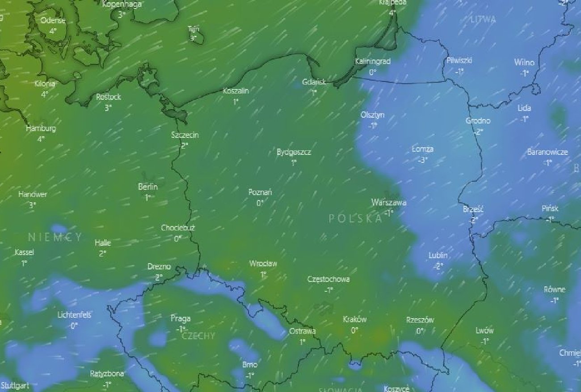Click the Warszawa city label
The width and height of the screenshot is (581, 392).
[x=388, y=203]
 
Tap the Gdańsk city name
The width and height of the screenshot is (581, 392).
[x=313, y=82]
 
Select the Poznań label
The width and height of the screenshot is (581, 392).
[x=260, y=193]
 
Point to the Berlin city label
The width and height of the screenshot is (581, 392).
[x=148, y=187]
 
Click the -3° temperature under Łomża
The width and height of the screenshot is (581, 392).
[x=423, y=160]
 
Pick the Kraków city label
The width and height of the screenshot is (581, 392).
[x=355, y=320]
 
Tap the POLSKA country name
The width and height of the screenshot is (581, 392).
[x=356, y=219]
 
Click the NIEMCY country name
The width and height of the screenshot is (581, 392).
[x=55, y=237]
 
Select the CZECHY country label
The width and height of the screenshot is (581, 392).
[x=198, y=336]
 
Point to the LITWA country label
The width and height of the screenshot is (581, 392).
[x=483, y=20]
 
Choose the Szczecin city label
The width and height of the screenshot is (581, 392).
[x=185, y=135]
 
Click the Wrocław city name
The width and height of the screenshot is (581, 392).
[x=263, y=264]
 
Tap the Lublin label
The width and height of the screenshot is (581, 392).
[x=438, y=256]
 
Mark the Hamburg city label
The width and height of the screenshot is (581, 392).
[x=41, y=128]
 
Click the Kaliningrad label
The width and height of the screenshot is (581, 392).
[x=373, y=61]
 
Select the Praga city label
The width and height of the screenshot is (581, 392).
[x=181, y=319]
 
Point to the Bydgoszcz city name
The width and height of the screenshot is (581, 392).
[x=294, y=152]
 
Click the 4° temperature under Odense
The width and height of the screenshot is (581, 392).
[x=53, y=31]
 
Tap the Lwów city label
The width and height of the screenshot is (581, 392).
[x=484, y=331]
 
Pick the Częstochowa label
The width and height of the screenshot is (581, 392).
[x=328, y=279]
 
